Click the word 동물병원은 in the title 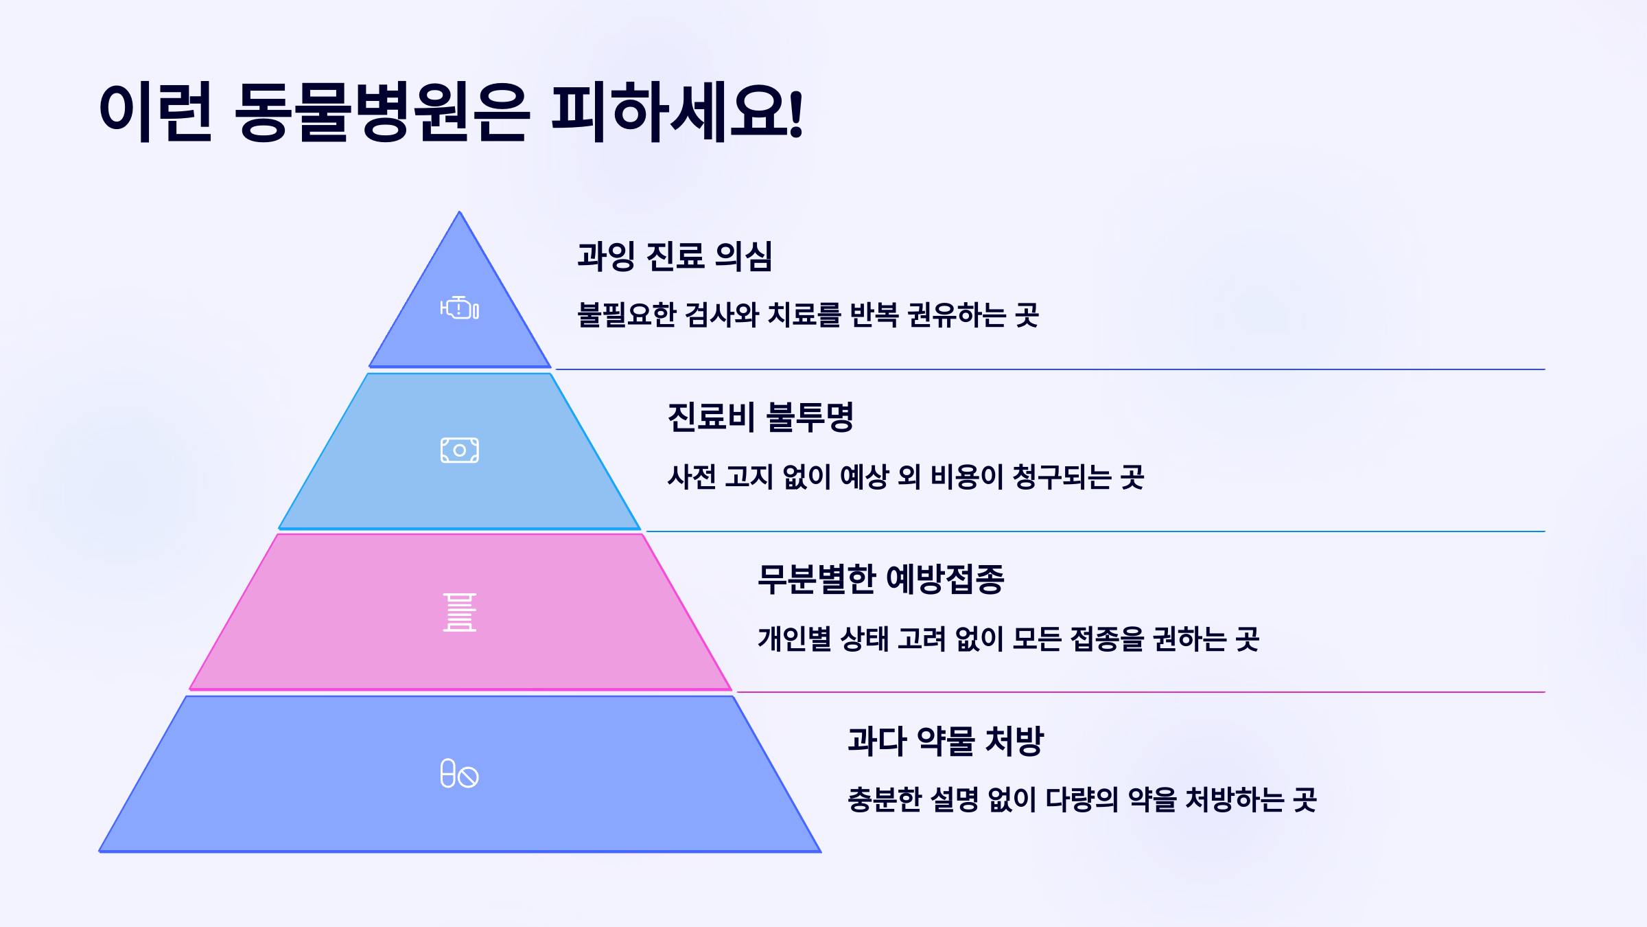[382, 112]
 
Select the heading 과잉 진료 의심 [675, 256]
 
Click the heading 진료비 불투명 [760, 417]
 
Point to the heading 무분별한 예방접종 [880, 579]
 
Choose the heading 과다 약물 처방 [945, 741]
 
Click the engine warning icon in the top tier [460, 308]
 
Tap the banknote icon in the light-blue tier [460, 450]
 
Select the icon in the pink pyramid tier [460, 612]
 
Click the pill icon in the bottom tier [460, 774]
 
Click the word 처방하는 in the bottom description [1235, 800]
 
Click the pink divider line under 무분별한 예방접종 [1139, 692]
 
